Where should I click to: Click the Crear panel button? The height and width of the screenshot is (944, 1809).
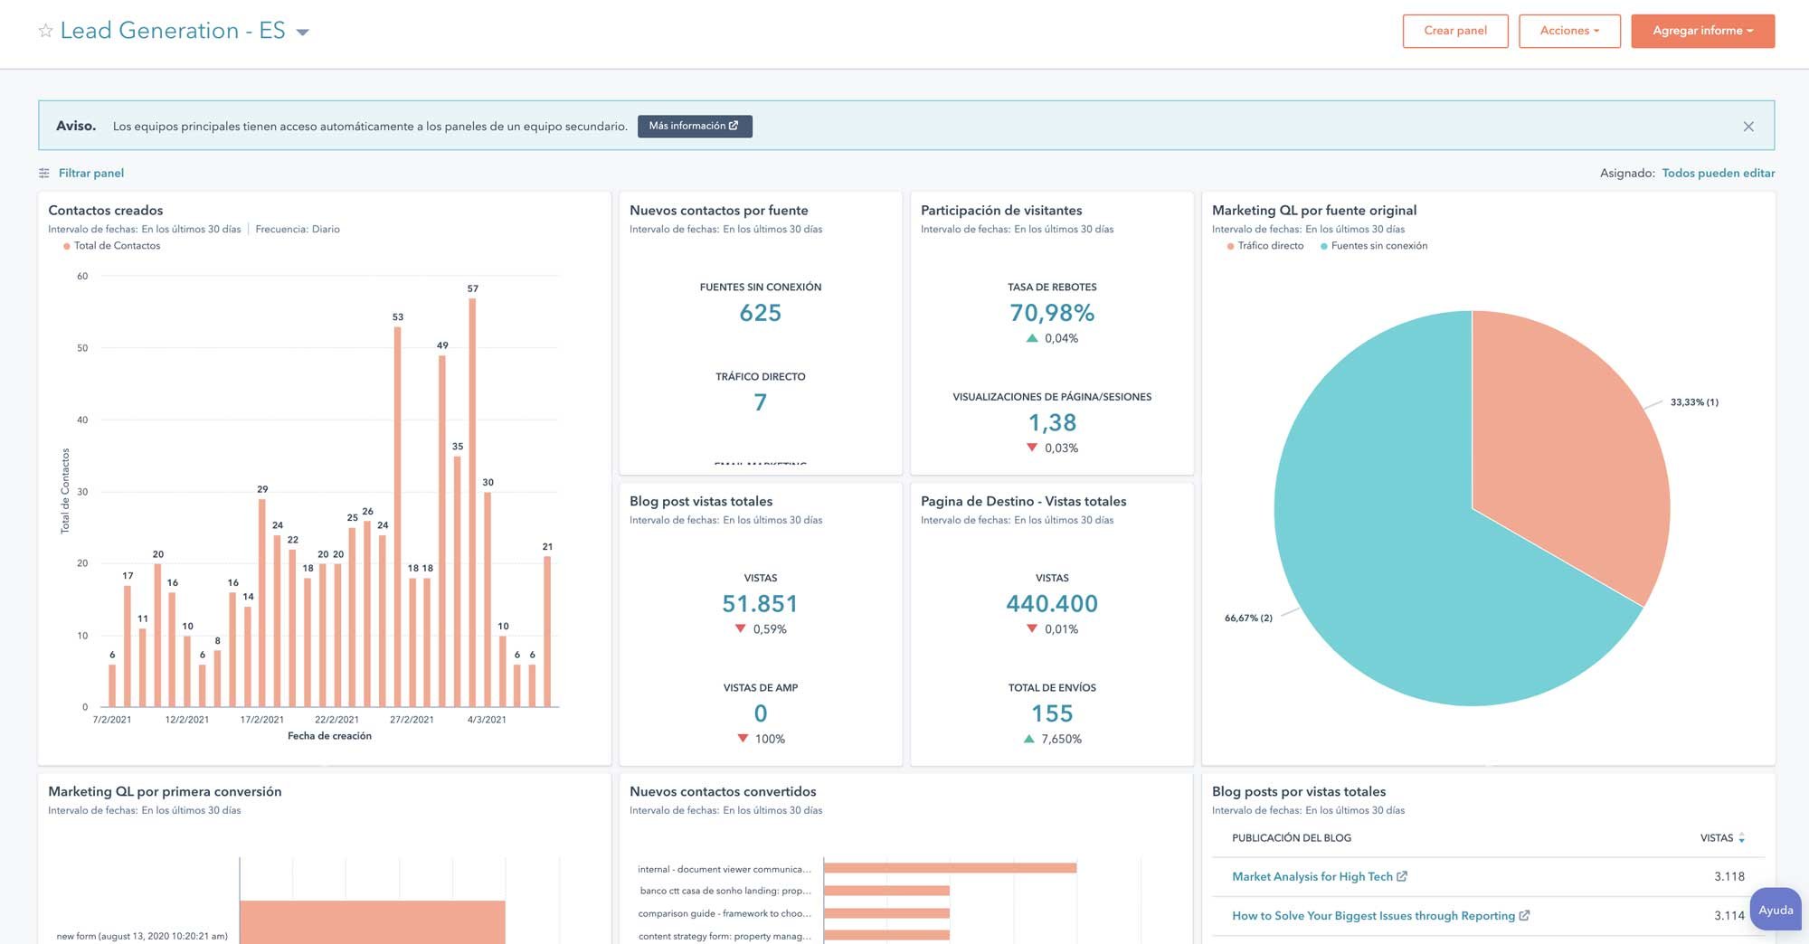click(1454, 31)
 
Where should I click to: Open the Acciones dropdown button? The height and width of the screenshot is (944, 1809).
click(1568, 31)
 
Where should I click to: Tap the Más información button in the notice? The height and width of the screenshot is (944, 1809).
click(694, 126)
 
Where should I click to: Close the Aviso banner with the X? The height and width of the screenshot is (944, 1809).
click(1747, 127)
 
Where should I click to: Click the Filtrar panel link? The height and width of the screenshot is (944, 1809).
click(90, 173)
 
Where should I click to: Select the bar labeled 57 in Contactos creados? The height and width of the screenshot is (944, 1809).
click(472, 502)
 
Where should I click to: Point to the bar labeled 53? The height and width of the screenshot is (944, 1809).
click(397, 516)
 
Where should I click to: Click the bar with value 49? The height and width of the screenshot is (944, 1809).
click(442, 531)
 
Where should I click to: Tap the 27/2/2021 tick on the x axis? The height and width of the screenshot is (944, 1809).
click(412, 720)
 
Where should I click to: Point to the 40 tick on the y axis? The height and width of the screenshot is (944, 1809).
click(82, 420)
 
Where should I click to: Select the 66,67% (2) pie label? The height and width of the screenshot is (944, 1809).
click(1248, 618)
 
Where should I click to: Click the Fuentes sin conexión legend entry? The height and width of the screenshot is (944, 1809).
click(1378, 246)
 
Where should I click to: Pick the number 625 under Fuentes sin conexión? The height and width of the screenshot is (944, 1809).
click(760, 313)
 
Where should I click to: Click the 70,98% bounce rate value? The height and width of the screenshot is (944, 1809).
click(1051, 313)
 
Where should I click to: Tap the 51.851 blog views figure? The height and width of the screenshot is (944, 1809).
click(760, 604)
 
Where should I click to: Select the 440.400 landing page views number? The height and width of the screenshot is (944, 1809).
click(1051, 604)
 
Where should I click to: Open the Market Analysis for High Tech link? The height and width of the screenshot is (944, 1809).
click(1312, 876)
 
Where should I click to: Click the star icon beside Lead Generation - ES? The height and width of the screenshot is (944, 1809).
click(45, 31)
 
